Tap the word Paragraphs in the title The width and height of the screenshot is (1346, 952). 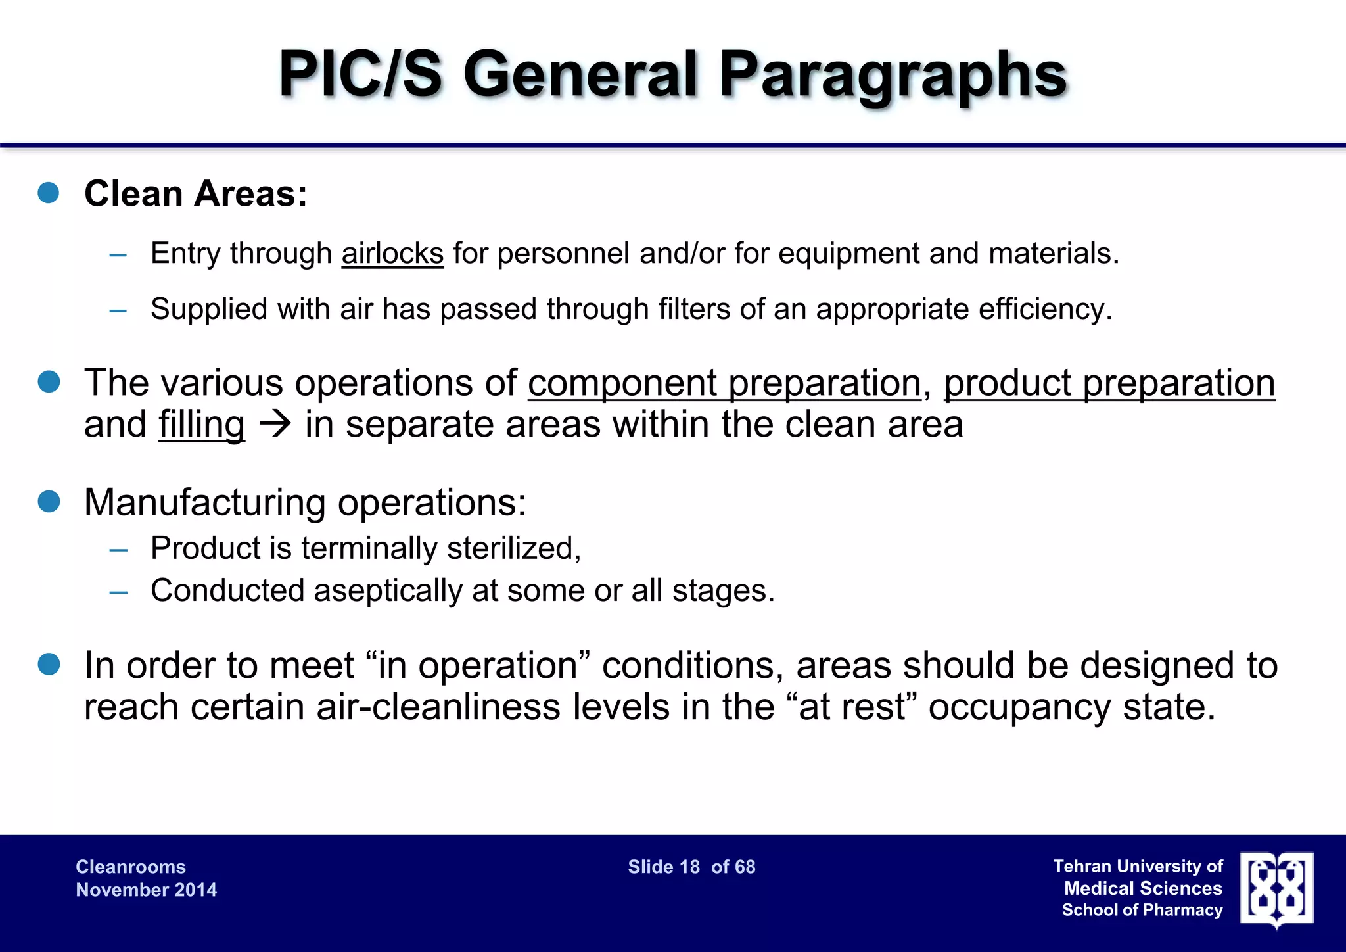point(893,76)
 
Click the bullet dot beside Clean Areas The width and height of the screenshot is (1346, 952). point(49,193)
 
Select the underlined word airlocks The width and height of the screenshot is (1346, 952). point(392,254)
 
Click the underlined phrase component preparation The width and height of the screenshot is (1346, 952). point(724,383)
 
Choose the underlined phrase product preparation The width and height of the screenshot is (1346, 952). point(1109,383)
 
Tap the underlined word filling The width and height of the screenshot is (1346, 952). point(202,425)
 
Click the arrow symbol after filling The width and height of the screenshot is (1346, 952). point(275,425)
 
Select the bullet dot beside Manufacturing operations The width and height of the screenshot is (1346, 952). point(49,501)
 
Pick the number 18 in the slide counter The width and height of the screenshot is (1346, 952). point(689,867)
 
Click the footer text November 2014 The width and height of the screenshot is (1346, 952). point(146,890)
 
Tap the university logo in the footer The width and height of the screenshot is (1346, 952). point(1276,889)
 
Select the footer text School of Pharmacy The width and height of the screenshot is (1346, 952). point(1142,911)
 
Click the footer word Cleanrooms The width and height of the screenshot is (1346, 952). point(131,867)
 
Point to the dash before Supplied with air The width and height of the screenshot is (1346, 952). point(118,310)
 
